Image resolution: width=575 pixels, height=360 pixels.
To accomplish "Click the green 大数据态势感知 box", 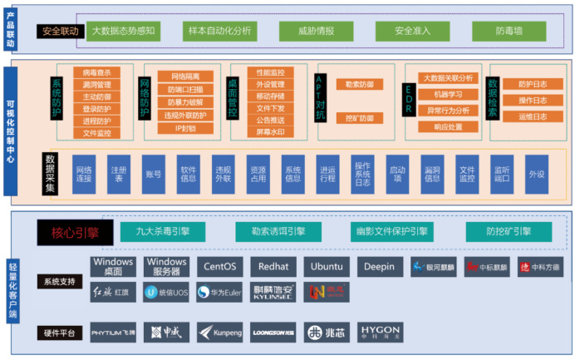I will click(x=123, y=32).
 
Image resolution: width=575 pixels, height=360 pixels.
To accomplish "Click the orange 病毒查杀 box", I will click(x=96, y=72).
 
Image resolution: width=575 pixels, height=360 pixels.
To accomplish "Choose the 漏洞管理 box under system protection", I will click(x=96, y=85).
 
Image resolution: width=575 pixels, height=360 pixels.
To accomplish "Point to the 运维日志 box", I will click(x=531, y=116).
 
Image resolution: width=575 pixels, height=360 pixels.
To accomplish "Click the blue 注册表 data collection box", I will click(x=119, y=173).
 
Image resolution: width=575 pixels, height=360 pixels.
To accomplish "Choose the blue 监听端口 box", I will click(x=500, y=173).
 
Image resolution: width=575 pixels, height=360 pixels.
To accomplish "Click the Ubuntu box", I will click(x=326, y=267).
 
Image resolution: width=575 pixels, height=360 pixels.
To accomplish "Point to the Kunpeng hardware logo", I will click(x=219, y=333).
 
